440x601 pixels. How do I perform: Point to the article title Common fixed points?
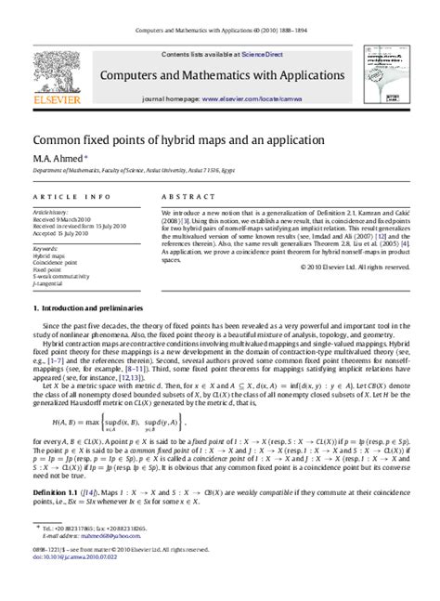[178, 140]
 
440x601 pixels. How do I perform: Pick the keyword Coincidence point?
[56, 263]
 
